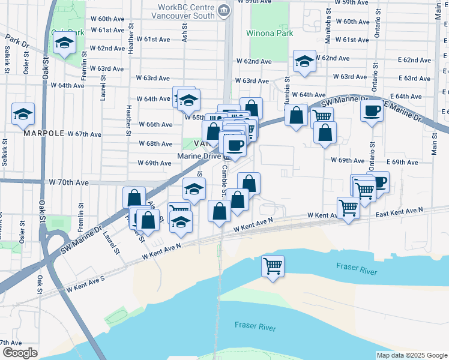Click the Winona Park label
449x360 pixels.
point(270,33)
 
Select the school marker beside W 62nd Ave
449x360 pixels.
point(304,62)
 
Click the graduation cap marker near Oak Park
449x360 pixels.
point(63,43)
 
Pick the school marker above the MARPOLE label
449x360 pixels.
point(23,114)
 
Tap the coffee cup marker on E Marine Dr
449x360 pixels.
point(372,110)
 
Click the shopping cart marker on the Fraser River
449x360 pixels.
point(273,265)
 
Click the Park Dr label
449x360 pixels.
point(16,41)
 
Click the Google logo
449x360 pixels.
point(20,353)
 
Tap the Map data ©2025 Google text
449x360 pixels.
point(411,355)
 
